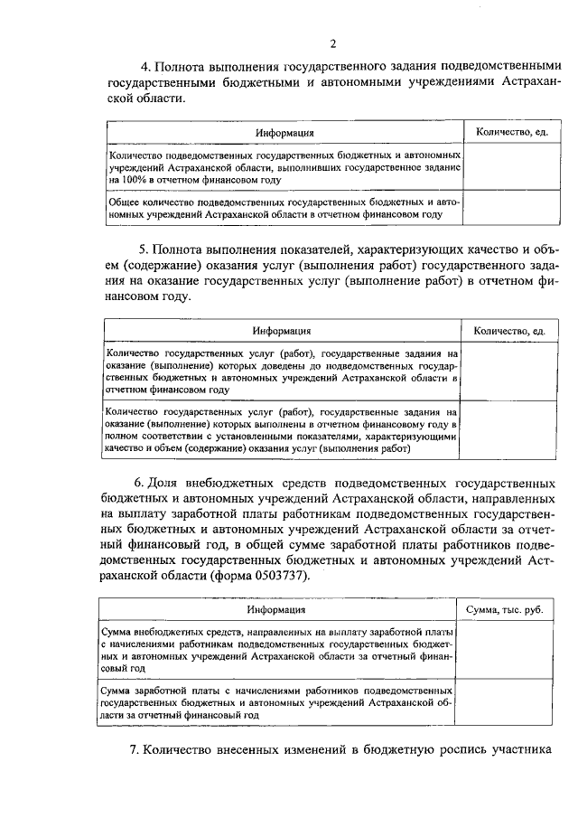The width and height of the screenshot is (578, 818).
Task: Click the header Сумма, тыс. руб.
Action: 504,611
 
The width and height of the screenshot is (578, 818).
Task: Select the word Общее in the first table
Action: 123,203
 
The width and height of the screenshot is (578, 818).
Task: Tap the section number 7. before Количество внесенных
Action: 138,748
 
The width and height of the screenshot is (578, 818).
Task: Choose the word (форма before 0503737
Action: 233,577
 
